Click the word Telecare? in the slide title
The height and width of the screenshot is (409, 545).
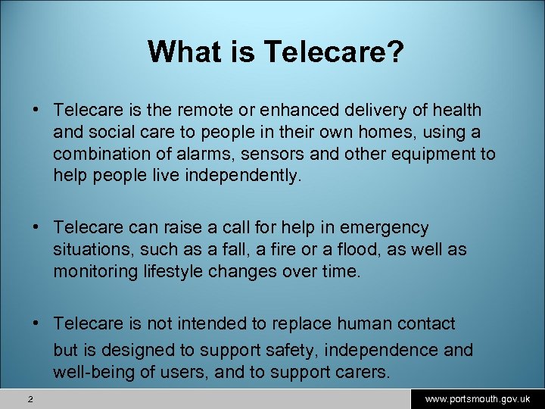(x=334, y=52)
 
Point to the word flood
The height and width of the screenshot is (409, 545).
(x=341, y=249)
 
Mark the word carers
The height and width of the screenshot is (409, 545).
(x=362, y=372)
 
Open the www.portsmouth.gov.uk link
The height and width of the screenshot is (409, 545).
(x=477, y=398)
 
